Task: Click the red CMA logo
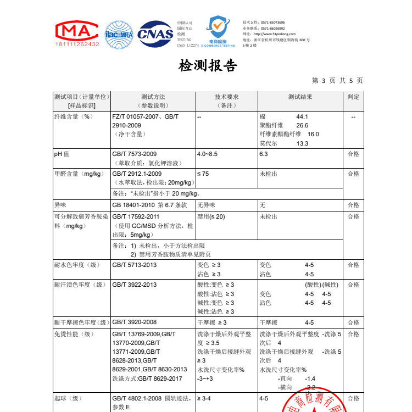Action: click(x=77, y=32)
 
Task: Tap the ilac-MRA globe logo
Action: click(x=119, y=34)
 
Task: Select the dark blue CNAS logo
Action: click(x=155, y=34)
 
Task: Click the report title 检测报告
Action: click(x=208, y=66)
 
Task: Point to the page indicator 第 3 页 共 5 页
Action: click(x=337, y=81)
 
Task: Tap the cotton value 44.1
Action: click(x=302, y=117)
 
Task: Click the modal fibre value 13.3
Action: click(x=302, y=143)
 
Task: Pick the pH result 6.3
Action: click(x=263, y=154)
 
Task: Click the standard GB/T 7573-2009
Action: click(x=135, y=154)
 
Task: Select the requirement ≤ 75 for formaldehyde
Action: click(x=204, y=174)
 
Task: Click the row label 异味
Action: click(x=60, y=204)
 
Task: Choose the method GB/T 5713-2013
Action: click(x=135, y=265)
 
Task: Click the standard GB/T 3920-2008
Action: click(x=135, y=322)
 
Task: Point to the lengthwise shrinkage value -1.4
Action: click(x=310, y=378)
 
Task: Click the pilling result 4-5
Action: click(x=264, y=398)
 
